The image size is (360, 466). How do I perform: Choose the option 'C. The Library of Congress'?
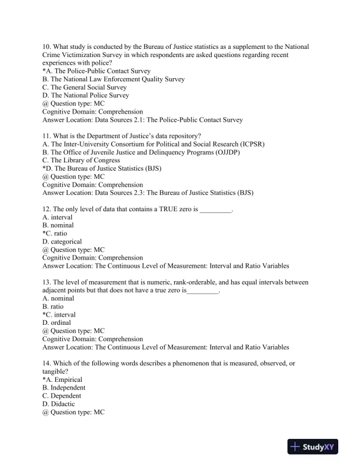81,160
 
